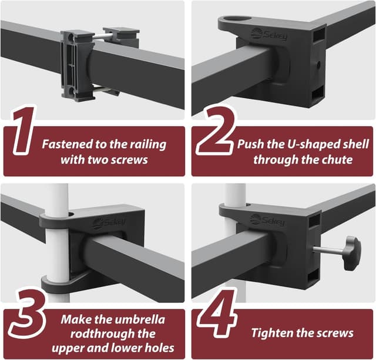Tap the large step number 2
[x=215, y=131]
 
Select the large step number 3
[x=27, y=314]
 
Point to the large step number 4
[x=217, y=314]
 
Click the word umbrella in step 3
[x=140, y=319]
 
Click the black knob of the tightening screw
[x=352, y=253]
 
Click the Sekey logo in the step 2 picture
[x=269, y=35]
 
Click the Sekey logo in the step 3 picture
[x=109, y=223]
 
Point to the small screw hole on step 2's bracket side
[x=318, y=64]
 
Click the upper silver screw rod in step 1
[x=102, y=36]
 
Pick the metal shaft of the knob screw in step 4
[x=329, y=251]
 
